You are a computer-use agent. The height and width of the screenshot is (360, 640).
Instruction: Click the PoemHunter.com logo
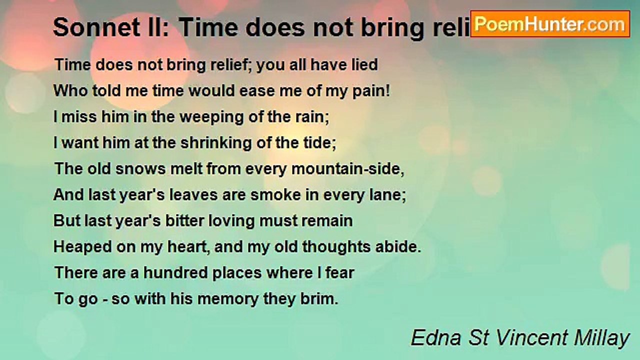(550, 24)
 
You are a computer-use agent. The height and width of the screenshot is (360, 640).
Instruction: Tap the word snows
(137, 169)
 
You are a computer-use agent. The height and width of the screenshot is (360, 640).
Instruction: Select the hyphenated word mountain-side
(347, 169)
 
